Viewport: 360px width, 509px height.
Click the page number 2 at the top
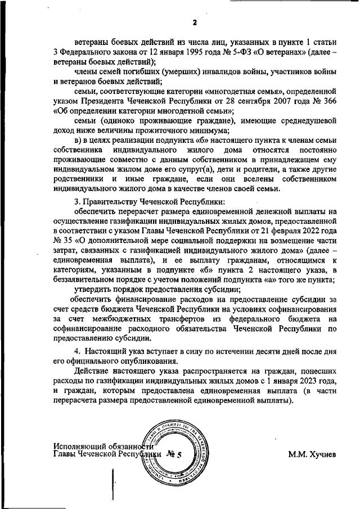(193, 22)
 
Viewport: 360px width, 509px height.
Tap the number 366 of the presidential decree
(327, 101)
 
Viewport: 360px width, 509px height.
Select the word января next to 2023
(283, 381)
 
